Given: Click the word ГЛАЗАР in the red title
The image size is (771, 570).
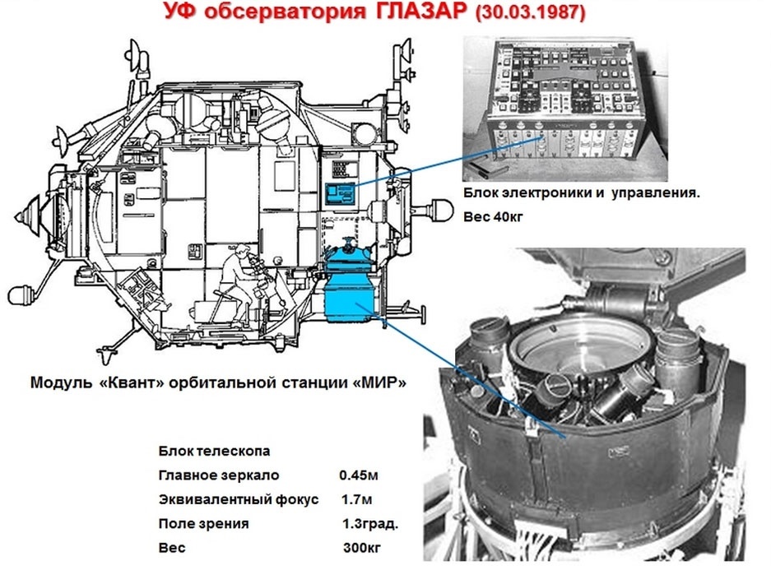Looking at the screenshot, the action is [x=421, y=11].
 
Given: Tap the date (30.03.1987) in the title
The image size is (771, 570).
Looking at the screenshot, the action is [x=530, y=12].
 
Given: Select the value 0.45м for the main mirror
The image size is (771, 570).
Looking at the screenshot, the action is [x=359, y=475].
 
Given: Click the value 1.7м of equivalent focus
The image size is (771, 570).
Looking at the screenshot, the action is [x=356, y=500].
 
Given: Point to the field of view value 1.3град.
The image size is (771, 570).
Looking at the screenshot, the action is [x=370, y=524].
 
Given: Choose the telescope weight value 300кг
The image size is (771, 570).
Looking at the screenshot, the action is [x=362, y=548].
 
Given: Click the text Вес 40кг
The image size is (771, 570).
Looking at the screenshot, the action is [x=493, y=216].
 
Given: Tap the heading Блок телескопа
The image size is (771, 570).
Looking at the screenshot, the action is [x=214, y=451].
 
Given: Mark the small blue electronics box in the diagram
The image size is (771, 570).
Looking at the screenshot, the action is [x=340, y=194].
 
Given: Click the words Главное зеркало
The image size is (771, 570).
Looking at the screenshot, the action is [x=218, y=475].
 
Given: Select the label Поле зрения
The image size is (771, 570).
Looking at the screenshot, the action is [x=203, y=524].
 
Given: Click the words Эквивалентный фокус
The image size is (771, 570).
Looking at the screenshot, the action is [x=239, y=500].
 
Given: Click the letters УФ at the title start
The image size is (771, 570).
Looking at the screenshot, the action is [x=181, y=11].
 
